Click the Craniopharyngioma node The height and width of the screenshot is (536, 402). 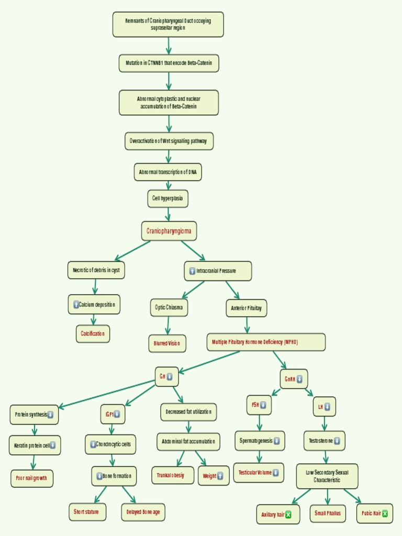pos(169,231)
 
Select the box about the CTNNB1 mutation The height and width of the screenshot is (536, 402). pos(169,63)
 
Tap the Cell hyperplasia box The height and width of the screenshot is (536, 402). pos(167,198)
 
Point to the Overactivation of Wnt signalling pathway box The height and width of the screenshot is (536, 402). pos(169,141)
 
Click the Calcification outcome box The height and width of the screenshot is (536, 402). pos(93,333)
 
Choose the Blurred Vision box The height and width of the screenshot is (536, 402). pos(167,343)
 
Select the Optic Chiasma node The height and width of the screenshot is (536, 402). pos(169,308)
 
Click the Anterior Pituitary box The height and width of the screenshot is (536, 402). pos(246,308)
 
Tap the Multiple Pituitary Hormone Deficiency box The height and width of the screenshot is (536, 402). pos(266,342)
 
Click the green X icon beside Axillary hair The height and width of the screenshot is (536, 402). pos(288,515)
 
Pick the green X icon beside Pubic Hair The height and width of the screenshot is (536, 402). pos(385,513)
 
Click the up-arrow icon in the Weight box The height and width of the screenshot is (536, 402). pos(220,476)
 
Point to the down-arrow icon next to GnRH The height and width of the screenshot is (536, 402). pos(299,379)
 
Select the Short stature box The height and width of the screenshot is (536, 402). pos(87,512)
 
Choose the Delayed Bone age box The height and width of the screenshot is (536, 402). pos(143,512)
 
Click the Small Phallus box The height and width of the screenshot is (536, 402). pos(328,513)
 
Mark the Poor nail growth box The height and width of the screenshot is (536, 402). pos(32,478)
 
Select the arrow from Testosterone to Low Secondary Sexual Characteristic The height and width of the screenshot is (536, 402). pos(325,456)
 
